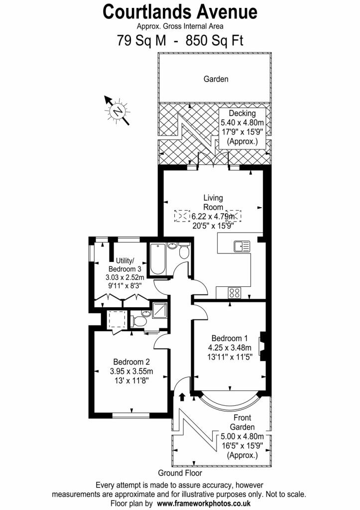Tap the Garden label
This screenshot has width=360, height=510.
(216, 79)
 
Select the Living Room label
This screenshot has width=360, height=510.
(213, 202)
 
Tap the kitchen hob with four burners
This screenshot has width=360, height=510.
(234, 293)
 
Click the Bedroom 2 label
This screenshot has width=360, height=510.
(131, 362)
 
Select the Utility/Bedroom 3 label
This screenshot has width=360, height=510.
(128, 264)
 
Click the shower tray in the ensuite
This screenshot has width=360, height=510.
(160, 311)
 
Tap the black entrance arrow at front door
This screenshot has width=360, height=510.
(182, 397)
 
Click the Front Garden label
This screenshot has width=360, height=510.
(242, 422)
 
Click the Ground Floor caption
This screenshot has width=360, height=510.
(180, 473)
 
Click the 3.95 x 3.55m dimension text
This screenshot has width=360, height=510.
(131, 372)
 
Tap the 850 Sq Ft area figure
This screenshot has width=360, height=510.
(215, 40)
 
